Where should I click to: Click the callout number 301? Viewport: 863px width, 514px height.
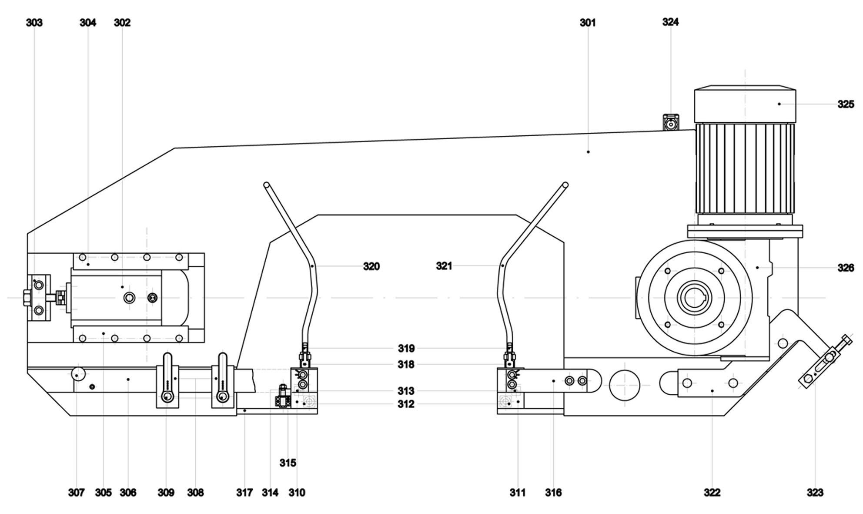587,23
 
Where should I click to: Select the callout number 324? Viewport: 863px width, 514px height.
670,22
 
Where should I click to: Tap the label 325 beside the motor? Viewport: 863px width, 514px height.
846,104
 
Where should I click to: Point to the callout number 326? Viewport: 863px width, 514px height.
846,268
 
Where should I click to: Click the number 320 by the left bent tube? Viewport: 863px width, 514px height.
371,266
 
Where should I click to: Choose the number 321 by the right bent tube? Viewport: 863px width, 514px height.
444,265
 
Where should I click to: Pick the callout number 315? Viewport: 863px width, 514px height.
288,463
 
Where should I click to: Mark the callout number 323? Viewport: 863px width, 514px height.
815,492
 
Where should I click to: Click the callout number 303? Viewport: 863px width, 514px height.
34,23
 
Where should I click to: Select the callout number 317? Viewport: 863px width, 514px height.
244,492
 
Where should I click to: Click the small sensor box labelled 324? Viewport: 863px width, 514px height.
671,123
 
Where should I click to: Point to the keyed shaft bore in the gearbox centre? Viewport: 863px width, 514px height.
695,298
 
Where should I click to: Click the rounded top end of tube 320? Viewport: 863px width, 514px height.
266,185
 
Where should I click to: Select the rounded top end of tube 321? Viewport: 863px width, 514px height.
565,185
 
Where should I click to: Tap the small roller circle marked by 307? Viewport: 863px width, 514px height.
78,374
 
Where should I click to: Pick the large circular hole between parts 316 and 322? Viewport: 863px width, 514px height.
625,386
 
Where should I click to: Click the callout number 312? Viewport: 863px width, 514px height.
405,404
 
